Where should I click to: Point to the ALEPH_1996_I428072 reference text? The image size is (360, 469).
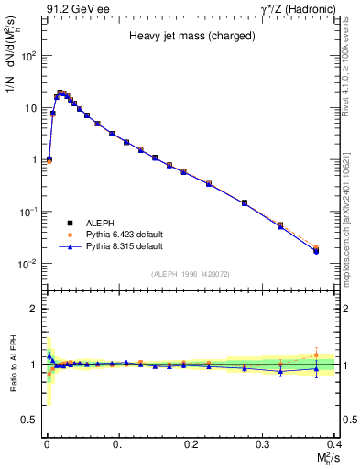(x=190, y=274)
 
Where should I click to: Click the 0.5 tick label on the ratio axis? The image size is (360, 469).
(x=30, y=420)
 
